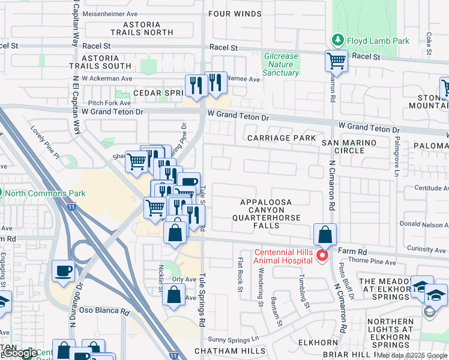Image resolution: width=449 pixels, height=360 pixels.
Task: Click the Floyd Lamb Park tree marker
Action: pos(337,41)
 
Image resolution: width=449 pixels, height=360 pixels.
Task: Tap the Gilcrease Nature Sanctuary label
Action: pos(281,65)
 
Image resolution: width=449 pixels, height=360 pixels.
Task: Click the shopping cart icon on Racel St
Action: pos(336,61)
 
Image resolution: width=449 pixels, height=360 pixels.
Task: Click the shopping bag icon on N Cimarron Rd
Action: pos(324,235)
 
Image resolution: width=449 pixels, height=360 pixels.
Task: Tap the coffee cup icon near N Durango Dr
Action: pos(64,271)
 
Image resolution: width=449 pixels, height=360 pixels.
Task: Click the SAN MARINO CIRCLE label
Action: pos(349,146)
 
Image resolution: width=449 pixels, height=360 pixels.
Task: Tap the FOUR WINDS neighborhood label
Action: pos(235,14)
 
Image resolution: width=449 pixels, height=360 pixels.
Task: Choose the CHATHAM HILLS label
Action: pos(230,350)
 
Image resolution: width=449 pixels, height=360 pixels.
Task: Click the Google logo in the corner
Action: pos(19,353)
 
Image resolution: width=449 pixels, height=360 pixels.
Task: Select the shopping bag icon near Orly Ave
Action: pos(173,295)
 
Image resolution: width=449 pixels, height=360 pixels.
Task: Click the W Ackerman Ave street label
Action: pos(107,78)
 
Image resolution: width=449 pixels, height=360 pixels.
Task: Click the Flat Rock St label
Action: pos(240,275)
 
